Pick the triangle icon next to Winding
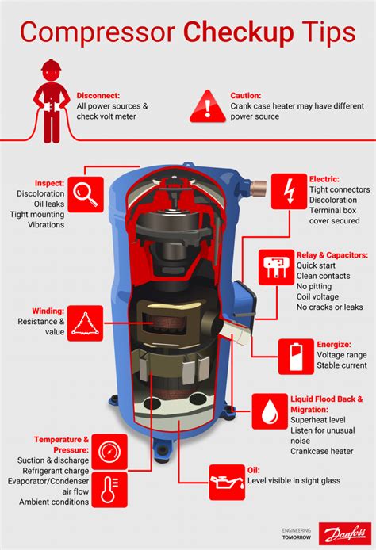[x=83, y=321]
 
